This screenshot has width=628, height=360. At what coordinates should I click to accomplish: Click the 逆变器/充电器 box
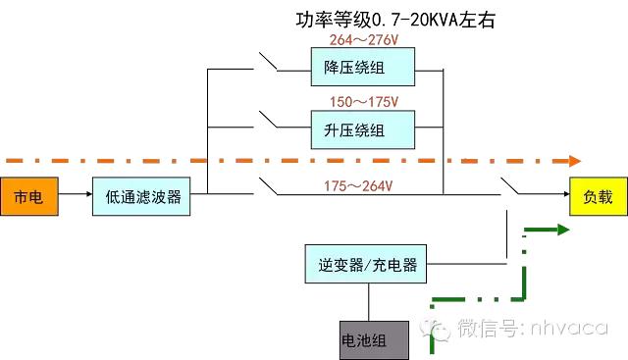pos(368,265)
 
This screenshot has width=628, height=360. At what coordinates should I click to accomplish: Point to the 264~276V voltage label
pos(365,40)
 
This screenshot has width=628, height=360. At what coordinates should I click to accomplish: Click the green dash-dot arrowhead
pos(562,230)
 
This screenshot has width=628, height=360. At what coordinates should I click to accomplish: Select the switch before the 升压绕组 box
pos(268,124)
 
